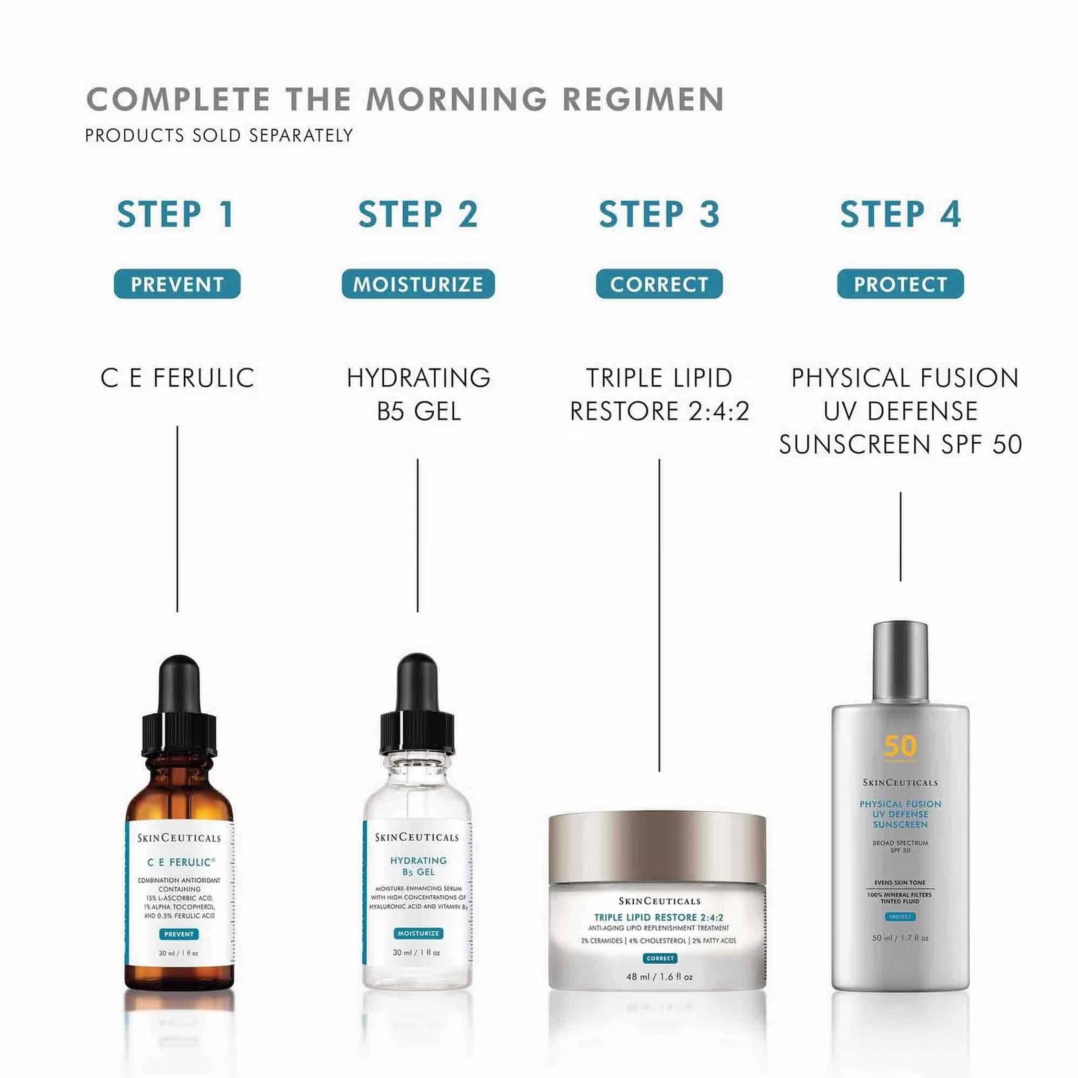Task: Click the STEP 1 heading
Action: [176, 214]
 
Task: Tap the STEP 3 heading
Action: [659, 214]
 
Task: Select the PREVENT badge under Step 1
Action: [177, 285]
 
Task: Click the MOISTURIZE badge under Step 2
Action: [418, 285]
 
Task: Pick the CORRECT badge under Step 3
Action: [659, 285]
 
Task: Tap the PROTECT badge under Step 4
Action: [900, 285]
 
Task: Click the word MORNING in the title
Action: [456, 99]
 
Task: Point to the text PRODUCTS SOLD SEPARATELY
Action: [219, 136]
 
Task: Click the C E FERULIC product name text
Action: [177, 378]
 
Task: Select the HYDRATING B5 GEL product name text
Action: [418, 394]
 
